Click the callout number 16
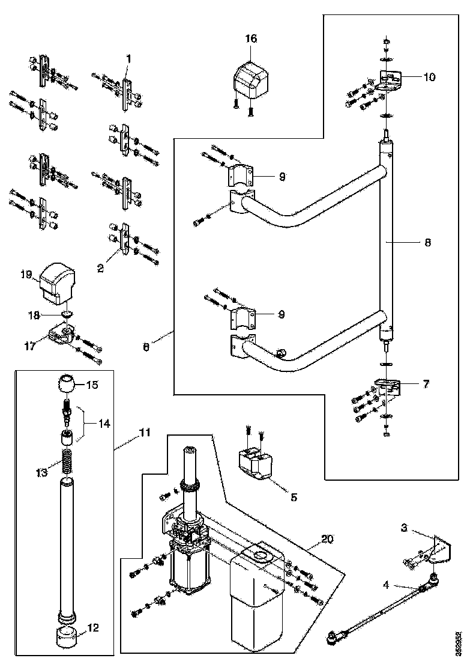[x=251, y=38]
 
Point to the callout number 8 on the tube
[x=428, y=243]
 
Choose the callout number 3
[x=405, y=528]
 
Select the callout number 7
[x=426, y=384]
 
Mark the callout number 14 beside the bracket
[x=105, y=424]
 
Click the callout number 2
[x=100, y=269]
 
